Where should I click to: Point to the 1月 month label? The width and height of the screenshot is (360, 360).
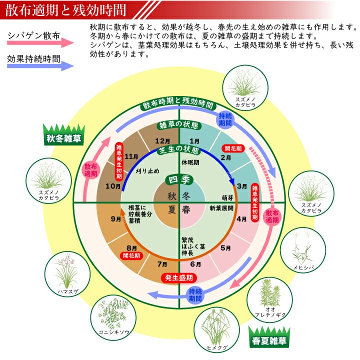pos(195,141)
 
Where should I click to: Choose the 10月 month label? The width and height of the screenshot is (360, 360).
pos(113,186)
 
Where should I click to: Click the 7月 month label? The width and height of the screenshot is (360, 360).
pos(162,264)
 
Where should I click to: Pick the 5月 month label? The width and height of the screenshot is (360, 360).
pos(225,247)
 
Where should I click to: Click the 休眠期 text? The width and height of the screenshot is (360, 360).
pos(191,162)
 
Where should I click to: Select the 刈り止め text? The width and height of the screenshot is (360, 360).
pos(147,170)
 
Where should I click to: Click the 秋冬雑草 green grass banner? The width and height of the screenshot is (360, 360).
pos(62,135)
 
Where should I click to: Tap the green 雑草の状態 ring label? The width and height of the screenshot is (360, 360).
pos(178,124)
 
